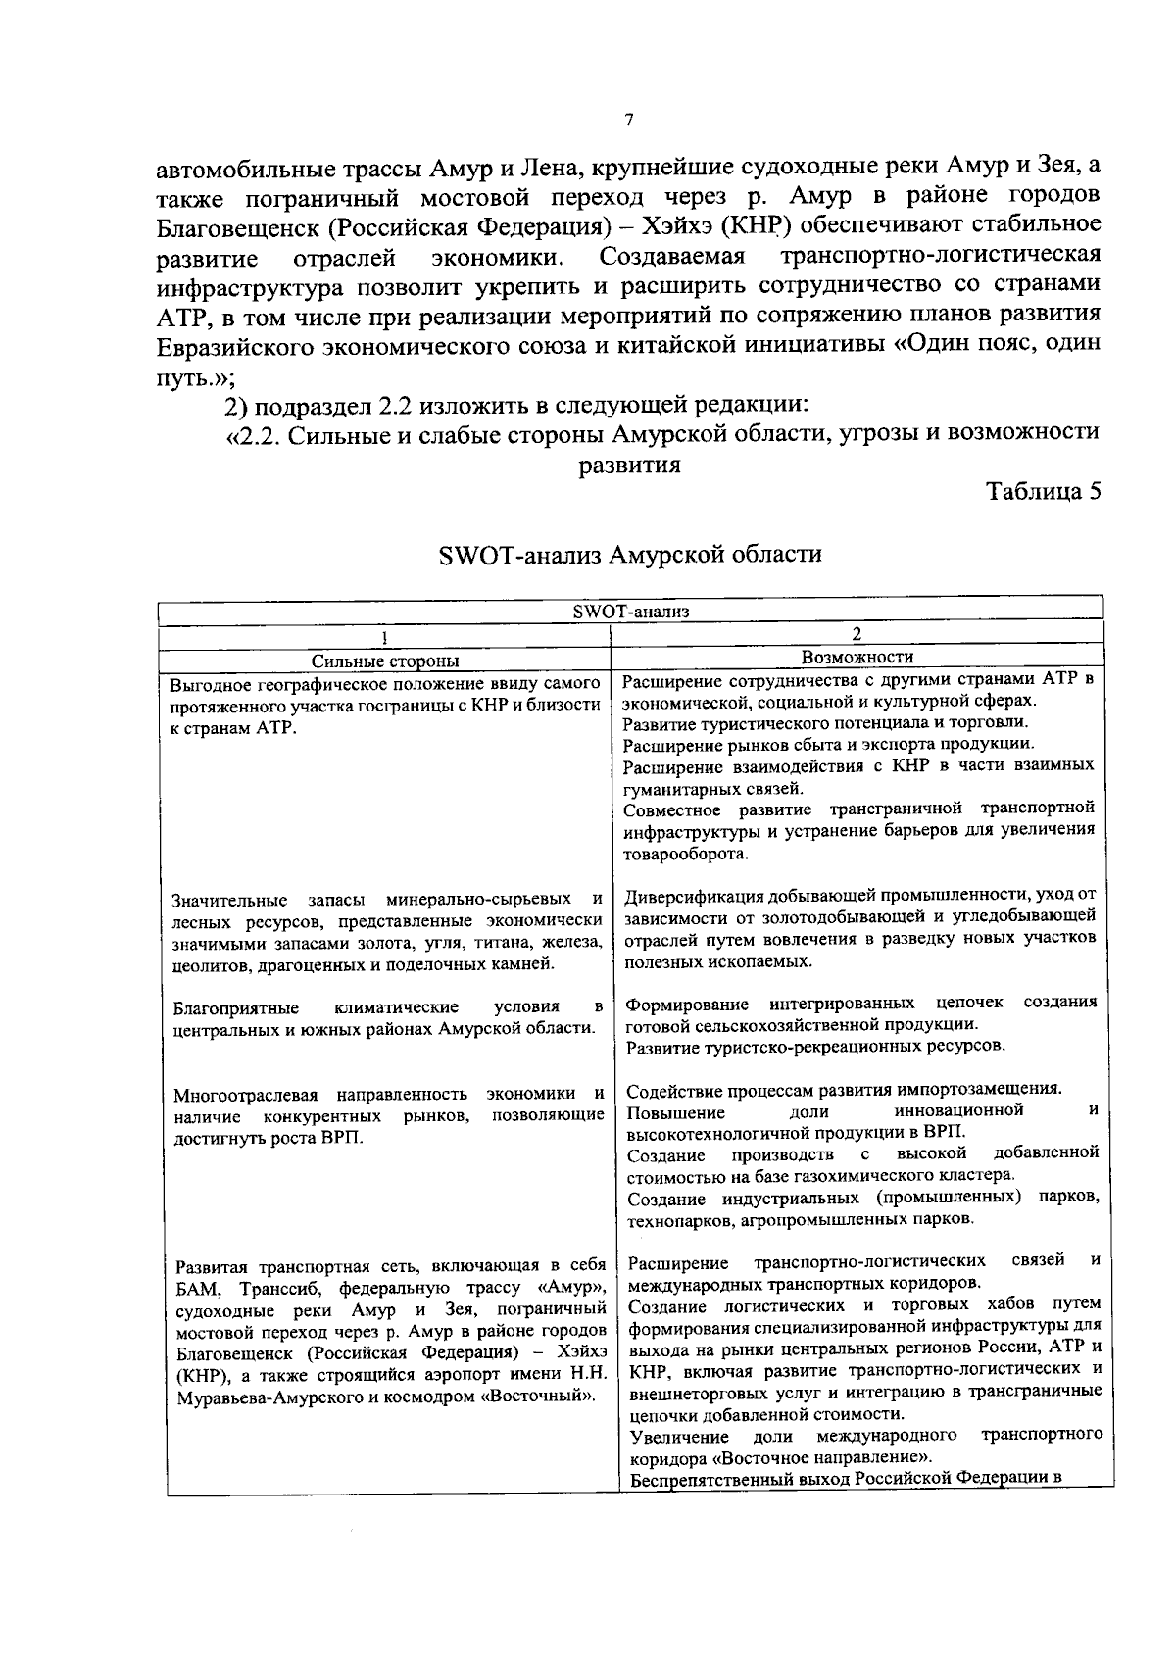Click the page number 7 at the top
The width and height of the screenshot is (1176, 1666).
pyautogui.click(x=628, y=122)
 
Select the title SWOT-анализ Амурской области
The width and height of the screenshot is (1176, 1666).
pyautogui.click(x=629, y=555)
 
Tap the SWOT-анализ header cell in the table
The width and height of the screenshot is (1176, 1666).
pyautogui.click(x=631, y=612)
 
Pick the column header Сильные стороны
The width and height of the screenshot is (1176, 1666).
pyautogui.click(x=384, y=661)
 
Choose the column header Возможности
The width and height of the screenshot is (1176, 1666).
pyautogui.click(x=857, y=658)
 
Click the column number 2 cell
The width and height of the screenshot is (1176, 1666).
pyautogui.click(x=857, y=635)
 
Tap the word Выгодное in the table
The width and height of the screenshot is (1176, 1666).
pyautogui.click(x=207, y=684)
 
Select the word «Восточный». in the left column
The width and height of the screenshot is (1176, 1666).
pyautogui.click(x=545, y=1396)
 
